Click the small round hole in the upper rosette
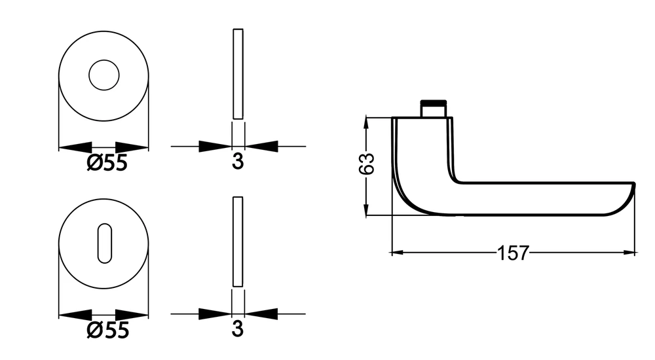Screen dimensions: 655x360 pyautogui.click(x=104, y=75)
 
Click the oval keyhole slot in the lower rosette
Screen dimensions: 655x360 pyautogui.click(x=104, y=243)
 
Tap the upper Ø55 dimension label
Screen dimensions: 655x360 pyautogui.click(x=107, y=162)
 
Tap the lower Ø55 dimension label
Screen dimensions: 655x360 pyautogui.click(x=107, y=331)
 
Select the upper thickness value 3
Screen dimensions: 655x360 pyautogui.click(x=238, y=161)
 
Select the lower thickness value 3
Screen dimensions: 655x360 pyautogui.click(x=237, y=329)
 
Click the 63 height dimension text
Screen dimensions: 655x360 pyautogui.click(x=367, y=164)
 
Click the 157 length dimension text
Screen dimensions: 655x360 pyautogui.click(x=513, y=253)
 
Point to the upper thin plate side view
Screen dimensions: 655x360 pyautogui.click(x=238, y=74)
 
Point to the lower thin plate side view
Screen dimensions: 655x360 pyautogui.click(x=238, y=242)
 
